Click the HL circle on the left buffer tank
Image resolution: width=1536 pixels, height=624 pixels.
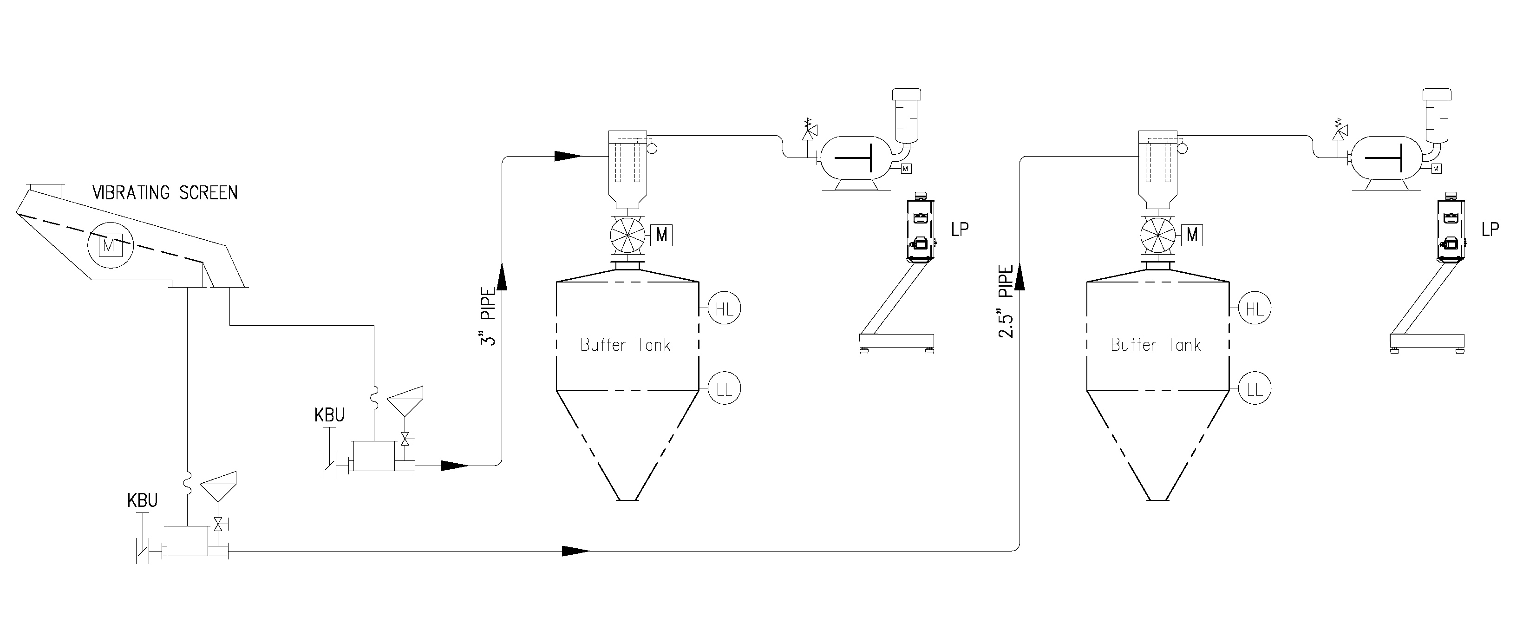click(x=724, y=309)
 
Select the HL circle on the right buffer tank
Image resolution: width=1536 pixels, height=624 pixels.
click(x=1255, y=309)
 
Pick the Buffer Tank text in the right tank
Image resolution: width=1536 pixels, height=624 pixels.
click(x=1156, y=345)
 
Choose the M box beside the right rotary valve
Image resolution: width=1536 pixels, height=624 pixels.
click(x=1192, y=235)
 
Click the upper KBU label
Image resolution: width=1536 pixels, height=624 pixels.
click(x=329, y=415)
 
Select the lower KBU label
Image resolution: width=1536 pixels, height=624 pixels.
click(x=143, y=500)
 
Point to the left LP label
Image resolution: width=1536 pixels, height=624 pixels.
click(x=960, y=229)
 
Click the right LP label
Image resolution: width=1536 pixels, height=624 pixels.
click(x=1490, y=229)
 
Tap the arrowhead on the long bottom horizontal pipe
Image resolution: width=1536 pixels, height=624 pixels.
click(x=576, y=551)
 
